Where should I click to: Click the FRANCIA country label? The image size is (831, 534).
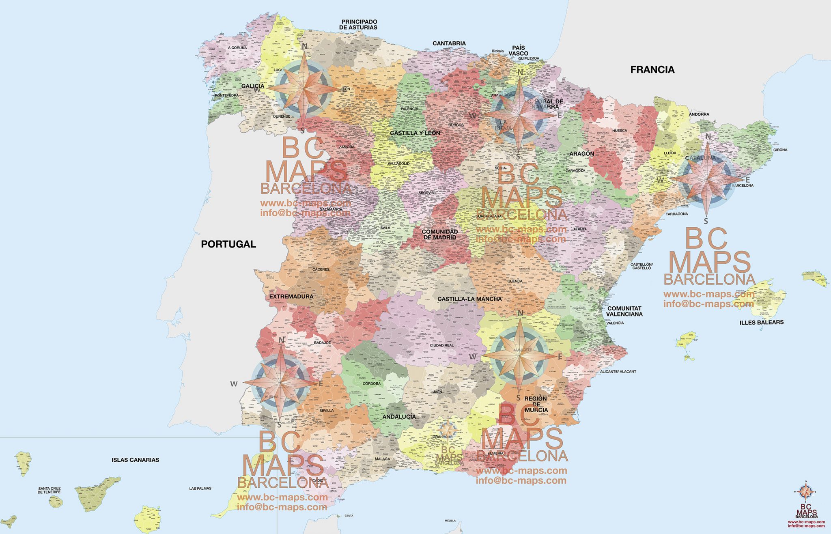click(x=652, y=70)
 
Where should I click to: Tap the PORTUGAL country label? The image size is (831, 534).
click(x=228, y=244)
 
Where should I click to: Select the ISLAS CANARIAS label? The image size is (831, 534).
click(x=135, y=460)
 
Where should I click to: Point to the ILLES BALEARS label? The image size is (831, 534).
click(x=761, y=322)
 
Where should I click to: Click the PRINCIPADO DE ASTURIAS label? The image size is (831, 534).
click(x=359, y=24)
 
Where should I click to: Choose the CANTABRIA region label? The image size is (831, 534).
click(x=449, y=43)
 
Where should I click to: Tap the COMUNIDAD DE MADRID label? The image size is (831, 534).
click(x=439, y=234)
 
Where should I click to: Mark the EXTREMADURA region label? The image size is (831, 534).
click(x=291, y=296)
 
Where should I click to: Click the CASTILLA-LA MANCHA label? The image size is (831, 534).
click(x=469, y=299)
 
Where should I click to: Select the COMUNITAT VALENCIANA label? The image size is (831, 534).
click(x=624, y=311)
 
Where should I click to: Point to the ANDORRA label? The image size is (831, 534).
click(x=699, y=114)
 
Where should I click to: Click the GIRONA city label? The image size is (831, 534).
click(x=780, y=150)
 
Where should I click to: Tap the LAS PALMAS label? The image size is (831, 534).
click(x=200, y=489)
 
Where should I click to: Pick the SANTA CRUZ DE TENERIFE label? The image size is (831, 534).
click(x=49, y=490)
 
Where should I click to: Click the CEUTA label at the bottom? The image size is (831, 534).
click(x=349, y=516)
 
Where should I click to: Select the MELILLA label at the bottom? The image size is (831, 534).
click(x=450, y=521)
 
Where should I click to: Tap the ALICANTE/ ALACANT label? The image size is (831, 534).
click(x=618, y=371)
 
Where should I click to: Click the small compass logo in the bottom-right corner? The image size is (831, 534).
click(x=806, y=492)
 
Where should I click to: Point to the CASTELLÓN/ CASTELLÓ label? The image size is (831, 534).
click(x=641, y=266)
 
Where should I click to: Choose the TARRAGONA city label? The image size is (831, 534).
click(x=677, y=213)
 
